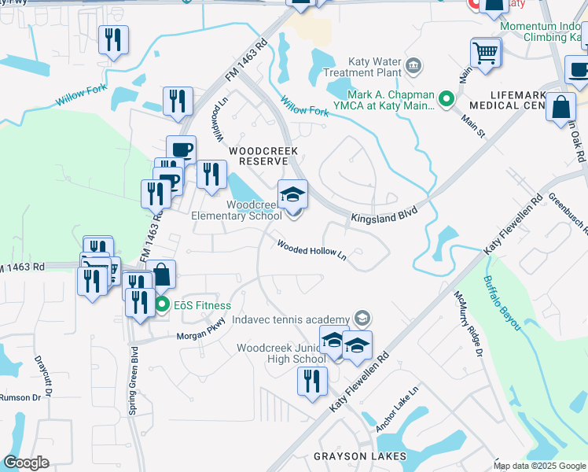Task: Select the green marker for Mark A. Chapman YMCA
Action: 447,99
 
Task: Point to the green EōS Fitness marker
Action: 163,305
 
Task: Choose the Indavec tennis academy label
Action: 290,319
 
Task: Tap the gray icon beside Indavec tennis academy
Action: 362,318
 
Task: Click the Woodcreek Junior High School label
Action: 281,353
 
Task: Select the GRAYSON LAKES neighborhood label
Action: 360,456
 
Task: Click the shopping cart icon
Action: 486,53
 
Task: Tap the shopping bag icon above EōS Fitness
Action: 161,275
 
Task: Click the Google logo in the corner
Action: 26,463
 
